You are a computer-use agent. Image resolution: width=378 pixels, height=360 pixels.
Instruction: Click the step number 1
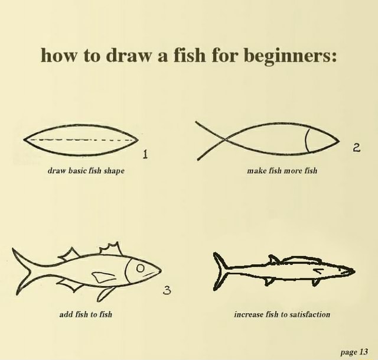(x=145, y=155)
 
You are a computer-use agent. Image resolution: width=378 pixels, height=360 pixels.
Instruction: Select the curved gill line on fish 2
(x=308, y=141)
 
